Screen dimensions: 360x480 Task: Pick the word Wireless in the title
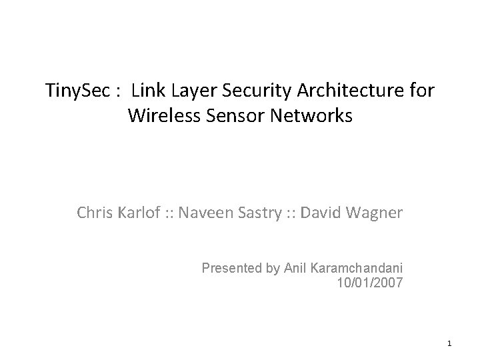[161, 115]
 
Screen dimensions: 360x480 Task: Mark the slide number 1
[450, 344]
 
